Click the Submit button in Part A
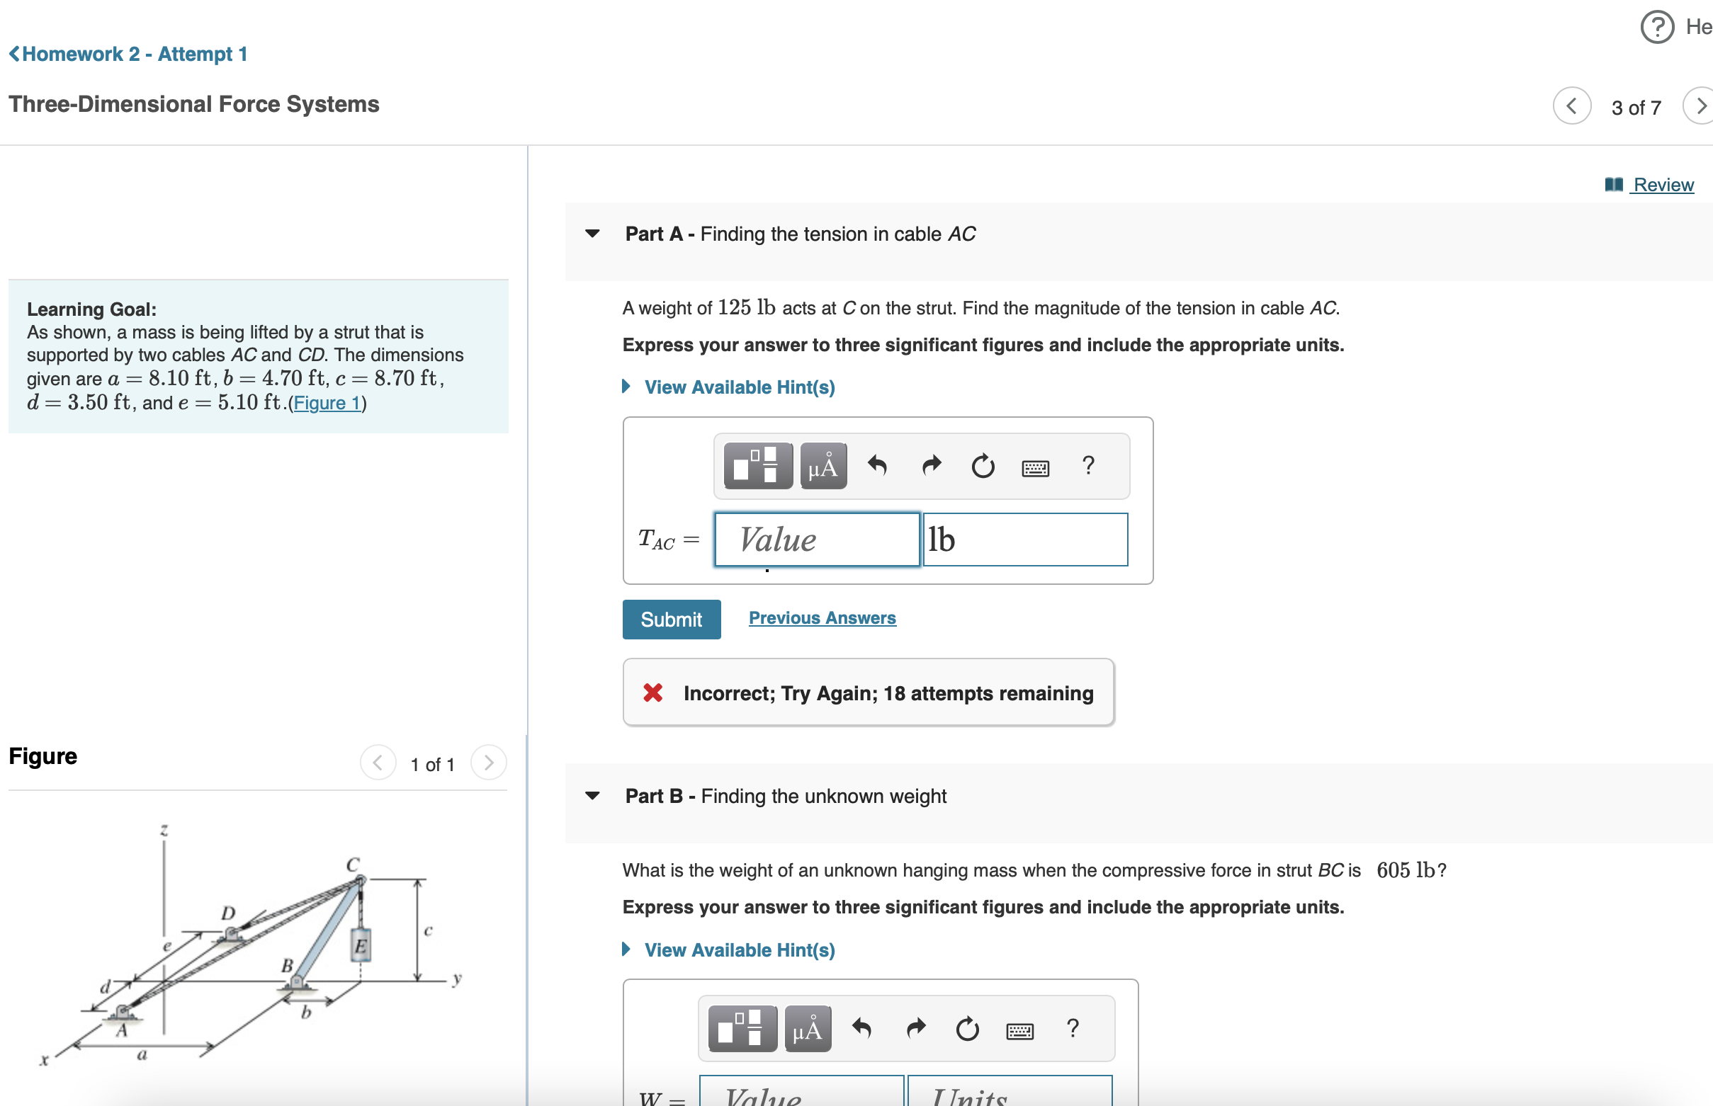tap(670, 619)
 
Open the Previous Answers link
tap(821, 617)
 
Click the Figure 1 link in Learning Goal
tap(327, 403)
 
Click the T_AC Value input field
tap(816, 540)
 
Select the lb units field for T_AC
tap(1024, 540)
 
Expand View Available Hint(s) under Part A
tap(739, 387)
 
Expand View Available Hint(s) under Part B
tap(739, 950)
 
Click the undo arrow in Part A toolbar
tap(876, 466)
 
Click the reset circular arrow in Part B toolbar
tap(967, 1028)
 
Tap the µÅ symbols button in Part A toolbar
tap(822, 466)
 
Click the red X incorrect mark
tap(652, 692)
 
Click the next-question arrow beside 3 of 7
tap(1700, 106)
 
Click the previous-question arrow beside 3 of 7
tap(1571, 106)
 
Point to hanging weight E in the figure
tap(360, 945)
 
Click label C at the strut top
tap(352, 864)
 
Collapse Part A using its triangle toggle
tap(592, 234)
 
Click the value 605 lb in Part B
tap(1405, 870)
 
